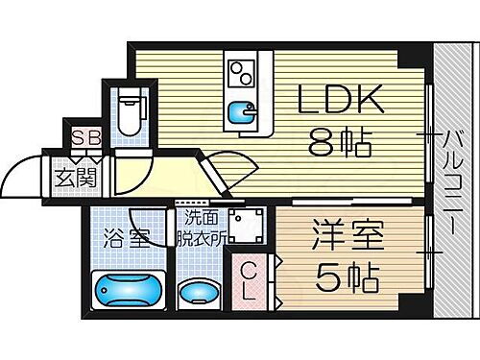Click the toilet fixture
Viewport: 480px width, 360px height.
(128, 112)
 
